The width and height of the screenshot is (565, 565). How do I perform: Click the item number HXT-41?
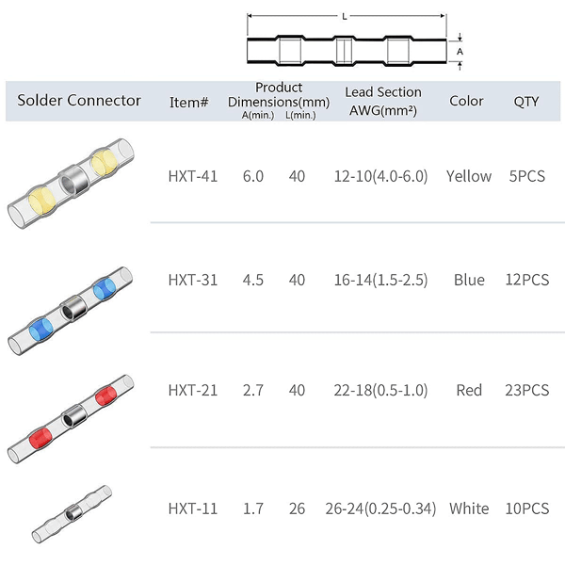(x=193, y=176)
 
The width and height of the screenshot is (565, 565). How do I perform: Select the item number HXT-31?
(x=193, y=280)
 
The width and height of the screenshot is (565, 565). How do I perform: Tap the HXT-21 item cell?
(x=193, y=390)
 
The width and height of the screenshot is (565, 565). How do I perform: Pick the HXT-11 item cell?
(x=193, y=508)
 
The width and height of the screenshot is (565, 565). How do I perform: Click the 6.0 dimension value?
(x=253, y=176)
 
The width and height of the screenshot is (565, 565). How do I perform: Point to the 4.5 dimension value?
(x=253, y=280)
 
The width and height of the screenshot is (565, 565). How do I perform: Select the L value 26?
(x=297, y=508)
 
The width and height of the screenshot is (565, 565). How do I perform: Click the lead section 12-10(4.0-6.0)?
(x=380, y=176)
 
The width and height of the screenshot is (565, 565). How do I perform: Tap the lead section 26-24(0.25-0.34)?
(x=380, y=508)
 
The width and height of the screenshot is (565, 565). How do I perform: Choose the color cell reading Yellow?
(x=469, y=176)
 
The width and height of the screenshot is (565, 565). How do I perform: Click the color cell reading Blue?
(x=469, y=280)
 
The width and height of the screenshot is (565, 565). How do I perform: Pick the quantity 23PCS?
(x=526, y=390)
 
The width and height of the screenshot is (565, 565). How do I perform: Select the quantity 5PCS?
(x=526, y=176)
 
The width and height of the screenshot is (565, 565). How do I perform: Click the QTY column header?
(x=526, y=102)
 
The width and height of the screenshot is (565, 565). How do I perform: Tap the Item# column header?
(x=189, y=103)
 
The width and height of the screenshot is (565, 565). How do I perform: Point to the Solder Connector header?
(x=79, y=101)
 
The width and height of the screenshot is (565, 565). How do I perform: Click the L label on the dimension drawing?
(x=345, y=16)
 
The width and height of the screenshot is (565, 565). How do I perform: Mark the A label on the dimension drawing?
(x=460, y=52)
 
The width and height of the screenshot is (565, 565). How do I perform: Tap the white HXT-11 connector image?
(x=73, y=514)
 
